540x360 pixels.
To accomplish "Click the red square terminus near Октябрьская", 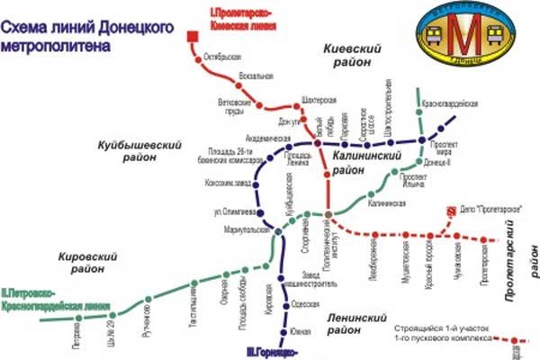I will pos(192,37).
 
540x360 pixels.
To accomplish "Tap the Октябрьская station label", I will pos(224,57).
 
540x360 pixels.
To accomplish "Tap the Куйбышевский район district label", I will pos(139,150).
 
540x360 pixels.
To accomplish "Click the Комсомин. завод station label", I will pos(225,185).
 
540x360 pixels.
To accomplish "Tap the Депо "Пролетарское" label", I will pos(491,209).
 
